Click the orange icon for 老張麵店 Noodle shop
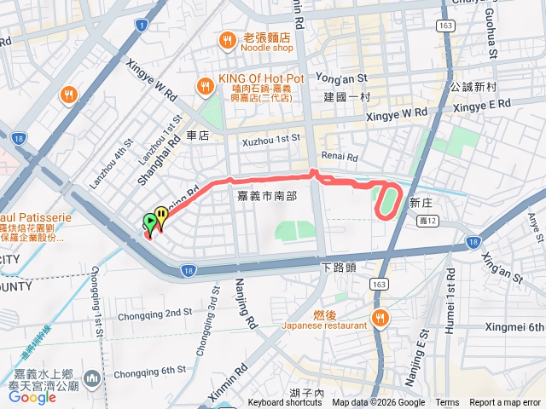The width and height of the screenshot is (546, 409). (227, 39)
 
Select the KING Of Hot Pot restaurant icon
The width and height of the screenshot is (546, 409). (205, 85)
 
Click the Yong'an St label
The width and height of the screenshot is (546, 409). (340, 78)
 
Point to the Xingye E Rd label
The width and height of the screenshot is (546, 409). (481, 103)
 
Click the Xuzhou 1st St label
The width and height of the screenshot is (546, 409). (271, 138)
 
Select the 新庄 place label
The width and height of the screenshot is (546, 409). (421, 203)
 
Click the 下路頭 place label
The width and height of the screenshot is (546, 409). (338, 267)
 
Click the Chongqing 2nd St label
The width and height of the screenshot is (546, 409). (154, 313)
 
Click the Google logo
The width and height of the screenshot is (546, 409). (32, 397)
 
